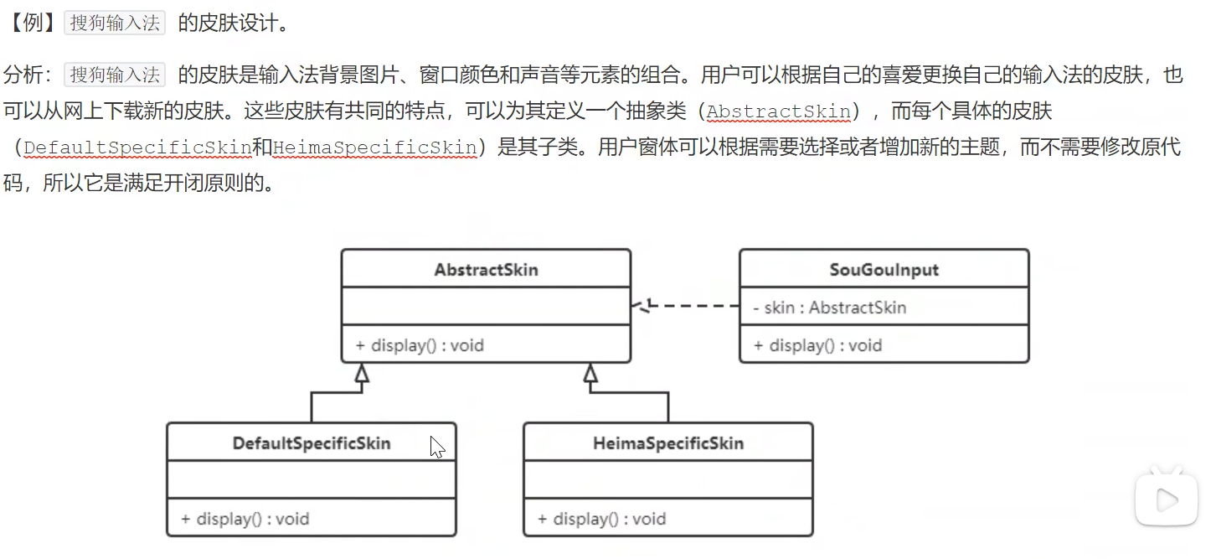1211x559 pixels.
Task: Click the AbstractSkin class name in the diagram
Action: click(x=486, y=270)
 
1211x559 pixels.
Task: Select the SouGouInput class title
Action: click(x=884, y=270)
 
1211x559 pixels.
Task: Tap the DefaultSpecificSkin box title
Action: click(x=312, y=443)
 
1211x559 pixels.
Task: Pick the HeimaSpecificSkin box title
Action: click(x=667, y=443)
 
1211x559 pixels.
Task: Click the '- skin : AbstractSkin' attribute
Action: click(x=829, y=308)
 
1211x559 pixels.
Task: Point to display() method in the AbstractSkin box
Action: click(x=420, y=345)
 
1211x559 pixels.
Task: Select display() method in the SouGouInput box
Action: click(x=817, y=345)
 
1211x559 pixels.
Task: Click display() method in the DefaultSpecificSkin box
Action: click(x=245, y=519)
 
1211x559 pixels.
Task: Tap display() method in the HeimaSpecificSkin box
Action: click(x=601, y=519)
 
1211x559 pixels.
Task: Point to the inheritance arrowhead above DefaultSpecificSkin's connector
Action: click(x=361, y=374)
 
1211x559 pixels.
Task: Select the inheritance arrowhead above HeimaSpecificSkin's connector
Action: click(x=591, y=374)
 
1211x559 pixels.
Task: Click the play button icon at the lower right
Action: click(x=1165, y=500)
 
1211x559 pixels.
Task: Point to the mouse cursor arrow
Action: click(x=436, y=447)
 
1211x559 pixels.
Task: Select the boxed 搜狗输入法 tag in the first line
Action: click(x=115, y=23)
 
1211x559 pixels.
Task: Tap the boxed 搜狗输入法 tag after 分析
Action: click(x=115, y=75)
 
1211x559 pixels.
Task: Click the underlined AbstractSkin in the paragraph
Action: click(x=779, y=111)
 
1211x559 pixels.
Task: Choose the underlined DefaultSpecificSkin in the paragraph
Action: click(x=137, y=148)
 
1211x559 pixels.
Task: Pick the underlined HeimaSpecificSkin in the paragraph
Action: click(x=375, y=148)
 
